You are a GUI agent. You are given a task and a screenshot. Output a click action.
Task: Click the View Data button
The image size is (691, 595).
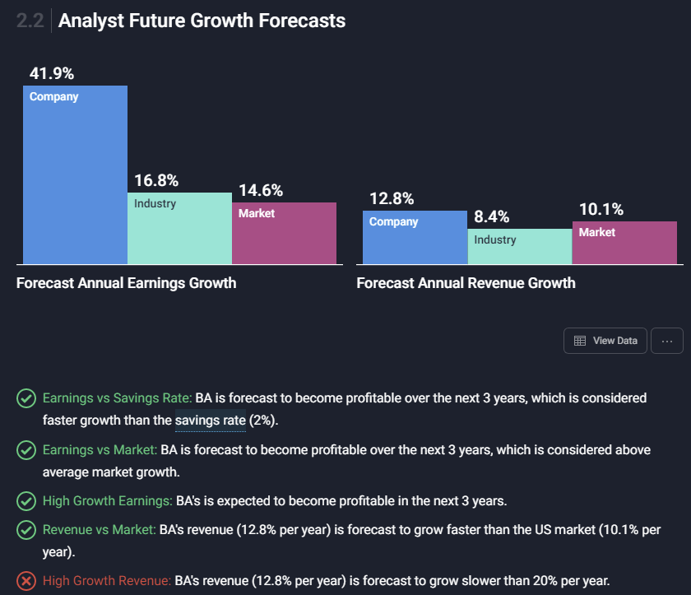click(x=605, y=341)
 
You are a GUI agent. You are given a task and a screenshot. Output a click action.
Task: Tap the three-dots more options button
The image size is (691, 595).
click(x=666, y=341)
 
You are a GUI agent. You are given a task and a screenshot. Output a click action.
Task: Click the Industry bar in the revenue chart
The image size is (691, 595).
click(x=519, y=246)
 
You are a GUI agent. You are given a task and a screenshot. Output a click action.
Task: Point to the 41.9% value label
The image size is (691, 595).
click(x=52, y=73)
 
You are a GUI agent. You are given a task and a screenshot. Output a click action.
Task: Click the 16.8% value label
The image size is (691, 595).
click(x=156, y=181)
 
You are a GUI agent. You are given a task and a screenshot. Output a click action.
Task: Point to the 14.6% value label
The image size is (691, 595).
click(x=261, y=190)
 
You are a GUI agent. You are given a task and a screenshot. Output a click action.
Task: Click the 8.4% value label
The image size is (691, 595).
click(x=491, y=217)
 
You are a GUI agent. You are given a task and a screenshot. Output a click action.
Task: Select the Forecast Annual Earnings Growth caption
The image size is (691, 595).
click(x=126, y=283)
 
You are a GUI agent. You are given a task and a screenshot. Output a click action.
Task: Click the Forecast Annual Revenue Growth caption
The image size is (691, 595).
click(x=466, y=283)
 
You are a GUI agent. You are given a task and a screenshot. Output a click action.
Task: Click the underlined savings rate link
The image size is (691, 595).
click(x=211, y=421)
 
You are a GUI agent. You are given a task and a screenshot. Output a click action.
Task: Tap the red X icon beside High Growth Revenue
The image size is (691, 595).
click(x=26, y=581)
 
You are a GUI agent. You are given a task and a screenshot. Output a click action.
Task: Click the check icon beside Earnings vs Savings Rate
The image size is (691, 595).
click(x=26, y=398)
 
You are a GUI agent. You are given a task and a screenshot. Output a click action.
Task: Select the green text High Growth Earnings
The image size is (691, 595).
click(x=107, y=500)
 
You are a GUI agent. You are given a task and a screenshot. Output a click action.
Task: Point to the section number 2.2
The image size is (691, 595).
click(x=30, y=21)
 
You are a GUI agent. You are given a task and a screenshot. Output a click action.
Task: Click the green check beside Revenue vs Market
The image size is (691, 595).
click(x=26, y=530)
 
